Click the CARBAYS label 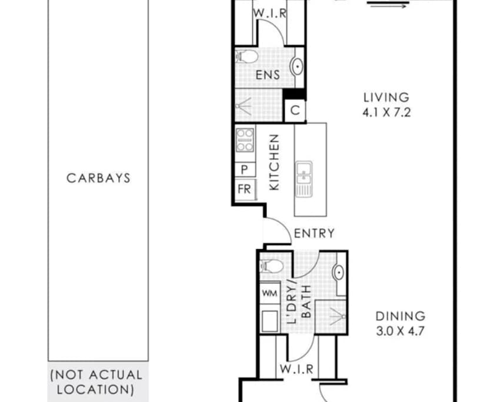[98, 178]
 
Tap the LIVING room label [385, 98]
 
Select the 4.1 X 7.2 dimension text [386, 110]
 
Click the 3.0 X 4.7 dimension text [400, 330]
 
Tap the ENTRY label [314, 233]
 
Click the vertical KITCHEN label [274, 162]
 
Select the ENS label [268, 75]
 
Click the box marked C [295, 110]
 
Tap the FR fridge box [245, 189]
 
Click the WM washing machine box [269, 292]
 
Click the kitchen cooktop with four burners [245, 140]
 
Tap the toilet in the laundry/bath [271, 266]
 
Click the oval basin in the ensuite [298, 67]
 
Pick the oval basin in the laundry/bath [339, 273]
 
